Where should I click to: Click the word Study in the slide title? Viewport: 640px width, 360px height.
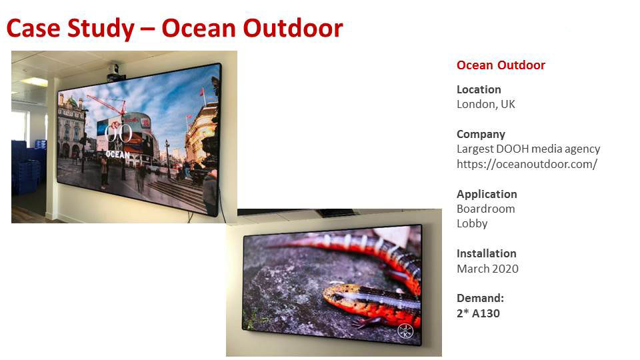pos(101,29)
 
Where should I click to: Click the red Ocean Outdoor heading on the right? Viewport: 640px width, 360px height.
pos(501,65)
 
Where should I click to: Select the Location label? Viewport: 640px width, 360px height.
pos(479,89)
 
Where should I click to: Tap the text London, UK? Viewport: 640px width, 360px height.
pos(486,105)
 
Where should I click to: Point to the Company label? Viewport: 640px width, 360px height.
pos(481,134)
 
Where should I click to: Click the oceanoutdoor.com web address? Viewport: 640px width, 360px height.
pos(527,164)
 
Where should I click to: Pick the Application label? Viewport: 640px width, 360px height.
pos(487,194)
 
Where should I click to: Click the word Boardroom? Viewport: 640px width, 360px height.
pos(486,209)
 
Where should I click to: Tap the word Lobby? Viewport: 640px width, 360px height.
pos(472,224)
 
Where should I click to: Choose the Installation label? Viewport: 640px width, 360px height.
pos(486,253)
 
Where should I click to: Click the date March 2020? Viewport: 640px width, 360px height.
pos(487,269)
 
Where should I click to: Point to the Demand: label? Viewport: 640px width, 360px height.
pos(480,298)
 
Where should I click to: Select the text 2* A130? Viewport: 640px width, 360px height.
pos(478,313)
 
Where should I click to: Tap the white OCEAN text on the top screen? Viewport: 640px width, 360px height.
pos(117,154)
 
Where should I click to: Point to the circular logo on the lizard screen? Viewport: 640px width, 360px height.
pos(405,330)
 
